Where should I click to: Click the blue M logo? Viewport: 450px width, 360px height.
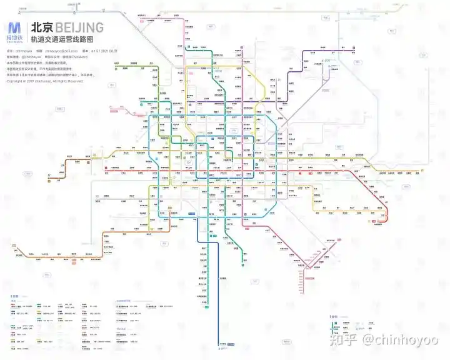tap(14, 27)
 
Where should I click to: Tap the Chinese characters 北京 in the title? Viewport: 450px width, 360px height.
tap(42, 27)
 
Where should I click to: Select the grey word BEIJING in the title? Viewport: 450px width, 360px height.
tap(79, 27)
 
